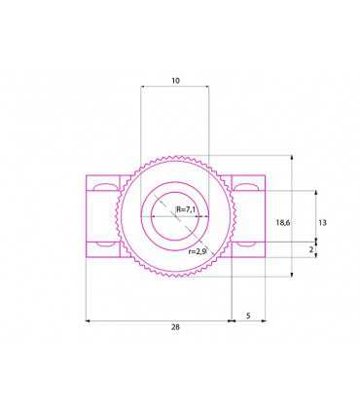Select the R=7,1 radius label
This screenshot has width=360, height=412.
coord(186,209)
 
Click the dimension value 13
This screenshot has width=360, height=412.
coord(322,223)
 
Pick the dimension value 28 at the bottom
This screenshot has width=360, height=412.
coord(175,327)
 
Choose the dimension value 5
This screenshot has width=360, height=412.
coord(249,316)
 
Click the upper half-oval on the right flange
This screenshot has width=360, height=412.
coord(247,184)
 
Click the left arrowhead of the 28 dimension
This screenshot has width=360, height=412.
coord(88,318)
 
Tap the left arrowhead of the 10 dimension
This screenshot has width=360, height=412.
coord(143,86)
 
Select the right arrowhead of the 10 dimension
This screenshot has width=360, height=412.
coord(206,86)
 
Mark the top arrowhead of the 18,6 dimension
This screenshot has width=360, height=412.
coord(292,157)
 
